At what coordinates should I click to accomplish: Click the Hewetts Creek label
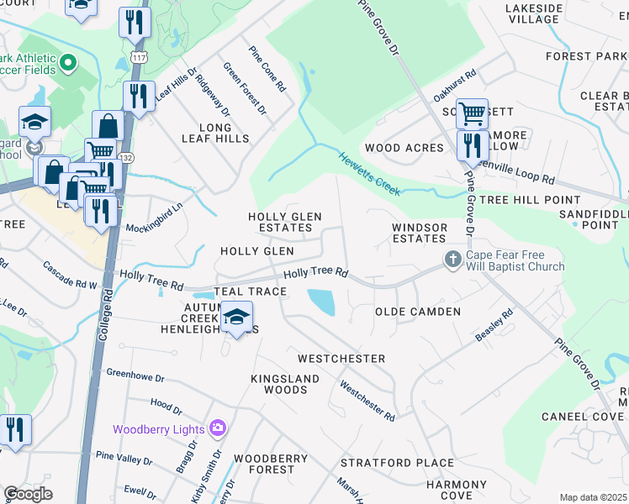click(x=368, y=171)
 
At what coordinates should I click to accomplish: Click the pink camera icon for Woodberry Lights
click(x=218, y=428)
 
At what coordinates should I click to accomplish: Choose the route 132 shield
click(x=126, y=157)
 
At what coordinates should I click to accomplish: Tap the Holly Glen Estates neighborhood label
click(x=284, y=222)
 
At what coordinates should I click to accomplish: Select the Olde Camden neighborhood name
click(x=417, y=312)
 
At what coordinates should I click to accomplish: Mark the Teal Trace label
click(x=250, y=291)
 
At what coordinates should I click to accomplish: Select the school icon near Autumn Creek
click(x=237, y=318)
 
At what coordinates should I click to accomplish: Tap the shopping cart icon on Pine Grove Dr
click(x=473, y=112)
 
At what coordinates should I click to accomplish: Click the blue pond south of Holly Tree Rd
click(x=321, y=302)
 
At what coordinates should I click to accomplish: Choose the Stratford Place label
click(x=386, y=462)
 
